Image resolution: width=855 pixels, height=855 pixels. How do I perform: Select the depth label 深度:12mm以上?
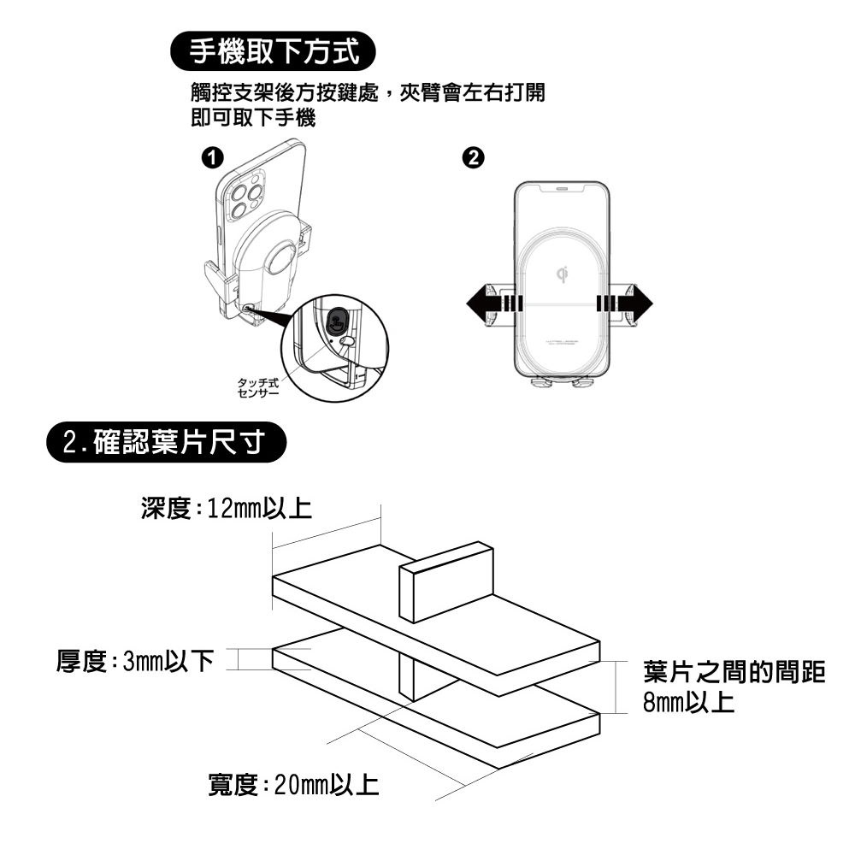(226, 510)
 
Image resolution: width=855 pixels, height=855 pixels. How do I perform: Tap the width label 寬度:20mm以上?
(294, 783)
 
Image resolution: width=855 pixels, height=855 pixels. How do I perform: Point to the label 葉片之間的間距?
(734, 672)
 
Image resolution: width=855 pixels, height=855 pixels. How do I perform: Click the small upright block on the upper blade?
(447, 581)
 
